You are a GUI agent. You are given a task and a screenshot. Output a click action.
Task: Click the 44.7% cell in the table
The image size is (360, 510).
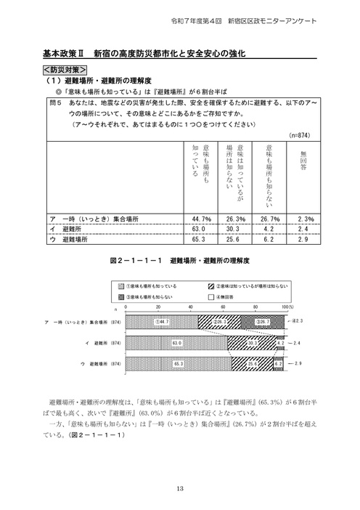[x=200, y=218]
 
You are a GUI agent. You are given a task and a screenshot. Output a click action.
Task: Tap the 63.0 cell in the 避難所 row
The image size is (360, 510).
[x=200, y=228]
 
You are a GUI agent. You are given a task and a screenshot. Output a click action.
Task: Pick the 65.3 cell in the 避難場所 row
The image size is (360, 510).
[x=200, y=238]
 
